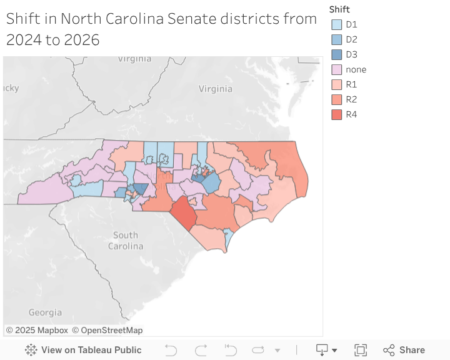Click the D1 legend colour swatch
pos(336,24)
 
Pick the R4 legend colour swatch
pos(336,114)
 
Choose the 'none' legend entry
pos(356,69)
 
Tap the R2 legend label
pos(351,99)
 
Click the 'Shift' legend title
pos(339,9)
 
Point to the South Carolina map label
pos(126,241)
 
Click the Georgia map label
pos(45,312)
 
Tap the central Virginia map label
pos(215,89)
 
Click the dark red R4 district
pos(183,213)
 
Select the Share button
pos(404,350)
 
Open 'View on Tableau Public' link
pos(84,350)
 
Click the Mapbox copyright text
pos(37,330)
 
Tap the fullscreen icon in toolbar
pos(361,350)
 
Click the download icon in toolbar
pos(322,350)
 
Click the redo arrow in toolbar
pos(201,350)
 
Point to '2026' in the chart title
pos(80,40)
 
